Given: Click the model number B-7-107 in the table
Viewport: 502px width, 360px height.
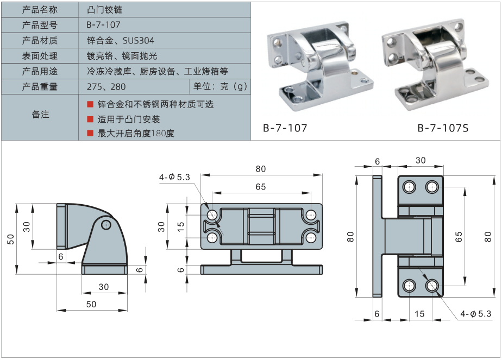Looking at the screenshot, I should pos(103,25).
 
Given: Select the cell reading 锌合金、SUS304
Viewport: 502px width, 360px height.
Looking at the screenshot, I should pos(120,41).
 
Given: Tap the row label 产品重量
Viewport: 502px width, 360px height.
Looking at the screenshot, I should pos(40,87).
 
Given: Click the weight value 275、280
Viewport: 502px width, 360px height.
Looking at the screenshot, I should pos(106,87).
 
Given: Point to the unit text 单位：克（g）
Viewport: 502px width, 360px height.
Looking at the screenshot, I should pos(220,87).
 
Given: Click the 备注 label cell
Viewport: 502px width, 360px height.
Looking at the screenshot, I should pos(40,115).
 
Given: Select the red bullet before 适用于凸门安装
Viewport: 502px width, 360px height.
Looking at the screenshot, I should pos(90,119).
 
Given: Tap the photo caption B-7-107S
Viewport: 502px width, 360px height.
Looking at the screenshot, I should pos(443,129).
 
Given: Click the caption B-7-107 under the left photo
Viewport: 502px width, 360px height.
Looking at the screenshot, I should pos(285,129).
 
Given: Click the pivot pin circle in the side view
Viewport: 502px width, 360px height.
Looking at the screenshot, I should pos(107,224).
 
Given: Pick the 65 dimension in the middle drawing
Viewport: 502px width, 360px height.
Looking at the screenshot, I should pos(261,187).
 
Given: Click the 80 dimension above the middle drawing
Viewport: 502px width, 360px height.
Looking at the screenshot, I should pos(261,169).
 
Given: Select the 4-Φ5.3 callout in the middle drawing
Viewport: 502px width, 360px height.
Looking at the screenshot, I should pos(174,177).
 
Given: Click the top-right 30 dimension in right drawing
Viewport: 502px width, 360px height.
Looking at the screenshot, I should pos(421,160).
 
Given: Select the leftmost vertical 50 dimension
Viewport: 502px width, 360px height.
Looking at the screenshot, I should pos(10,239).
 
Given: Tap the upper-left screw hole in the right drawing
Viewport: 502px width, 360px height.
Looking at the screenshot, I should pos(409,187).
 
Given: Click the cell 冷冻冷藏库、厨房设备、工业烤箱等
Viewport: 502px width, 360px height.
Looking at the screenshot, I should pos(157,71).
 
